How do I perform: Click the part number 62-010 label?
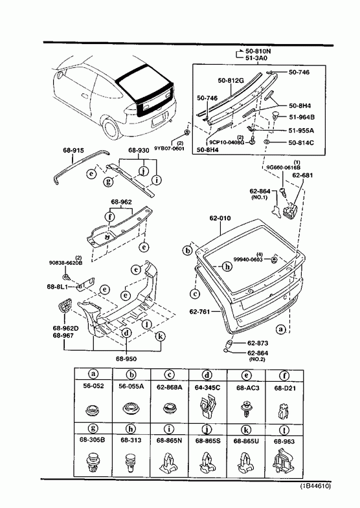click(220, 218)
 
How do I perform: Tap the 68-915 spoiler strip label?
click(73, 150)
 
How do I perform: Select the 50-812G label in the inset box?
click(231, 80)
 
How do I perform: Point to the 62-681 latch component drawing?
click(290, 210)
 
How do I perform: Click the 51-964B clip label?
click(302, 117)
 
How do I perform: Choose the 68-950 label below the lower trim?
click(126, 359)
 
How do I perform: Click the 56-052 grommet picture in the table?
click(93, 410)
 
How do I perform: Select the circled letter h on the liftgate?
click(228, 267)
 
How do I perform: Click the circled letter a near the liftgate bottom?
click(280, 329)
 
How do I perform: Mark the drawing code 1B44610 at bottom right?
click(315, 486)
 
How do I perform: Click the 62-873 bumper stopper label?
click(258, 343)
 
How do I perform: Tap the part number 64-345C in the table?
click(207, 387)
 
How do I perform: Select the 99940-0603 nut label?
click(248, 260)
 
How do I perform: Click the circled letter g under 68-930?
click(108, 181)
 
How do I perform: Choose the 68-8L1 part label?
click(58, 287)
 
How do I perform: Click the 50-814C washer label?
click(301, 142)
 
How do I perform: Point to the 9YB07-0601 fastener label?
click(169, 149)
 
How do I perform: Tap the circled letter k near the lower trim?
click(160, 337)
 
